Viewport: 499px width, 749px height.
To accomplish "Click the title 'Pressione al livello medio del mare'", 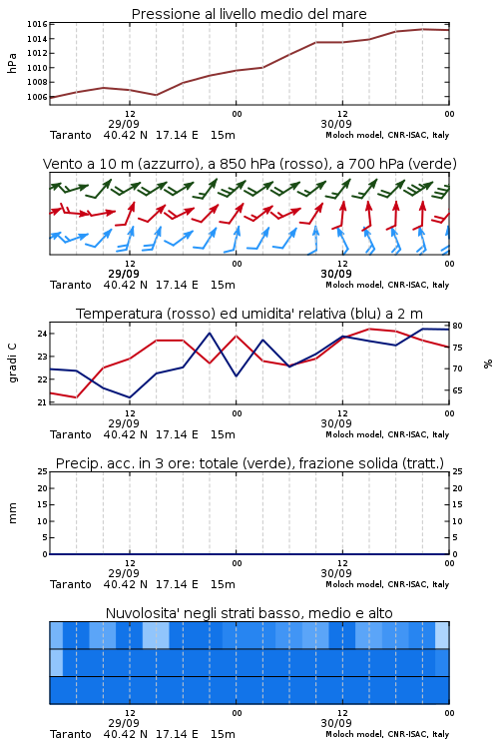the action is pos(249,14).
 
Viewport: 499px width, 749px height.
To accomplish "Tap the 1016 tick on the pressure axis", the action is pos(37,24).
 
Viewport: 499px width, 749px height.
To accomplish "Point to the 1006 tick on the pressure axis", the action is pos(37,97).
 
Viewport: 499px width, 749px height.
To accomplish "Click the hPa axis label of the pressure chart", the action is pos(12,63).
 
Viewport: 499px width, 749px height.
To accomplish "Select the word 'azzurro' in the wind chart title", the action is pos(166,164).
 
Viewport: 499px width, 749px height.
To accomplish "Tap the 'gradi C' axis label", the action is pos(13,364).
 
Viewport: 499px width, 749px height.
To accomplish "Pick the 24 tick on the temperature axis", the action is pos(42,334).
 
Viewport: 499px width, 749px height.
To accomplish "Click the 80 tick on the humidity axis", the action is pos(457,326).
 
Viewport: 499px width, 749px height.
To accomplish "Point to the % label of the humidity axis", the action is pos(488,364).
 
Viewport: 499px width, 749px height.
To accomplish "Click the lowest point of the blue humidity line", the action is pos(130,397).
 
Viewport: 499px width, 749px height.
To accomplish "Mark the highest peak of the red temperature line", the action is pos(369,329).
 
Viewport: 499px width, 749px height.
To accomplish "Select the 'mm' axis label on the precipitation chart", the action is pos(12,513).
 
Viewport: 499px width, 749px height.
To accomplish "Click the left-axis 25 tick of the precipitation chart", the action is pos(42,471).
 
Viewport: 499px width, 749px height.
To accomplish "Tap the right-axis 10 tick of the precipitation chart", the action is pos(457,521).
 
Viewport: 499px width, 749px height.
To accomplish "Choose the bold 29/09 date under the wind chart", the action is pos(124,274).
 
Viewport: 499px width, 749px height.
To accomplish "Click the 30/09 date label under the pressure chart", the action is pos(336,124).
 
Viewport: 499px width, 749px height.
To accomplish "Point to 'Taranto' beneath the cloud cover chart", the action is pos(71,734).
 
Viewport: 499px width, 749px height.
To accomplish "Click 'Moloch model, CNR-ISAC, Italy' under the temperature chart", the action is pos(387,434).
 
